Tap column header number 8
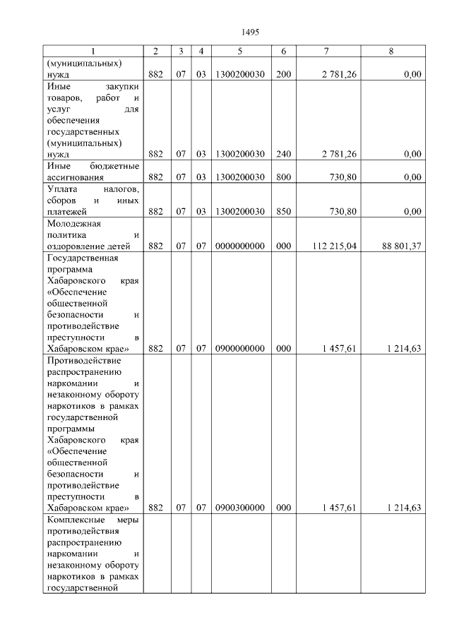click(391, 52)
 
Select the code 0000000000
click(239, 246)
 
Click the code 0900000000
click(239, 348)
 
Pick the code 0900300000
click(239, 507)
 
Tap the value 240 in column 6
click(283, 154)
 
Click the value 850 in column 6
click(283, 211)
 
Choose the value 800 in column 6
click(283, 177)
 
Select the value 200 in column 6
click(283, 74)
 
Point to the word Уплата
click(60, 189)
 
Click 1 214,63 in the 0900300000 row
click(404, 507)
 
